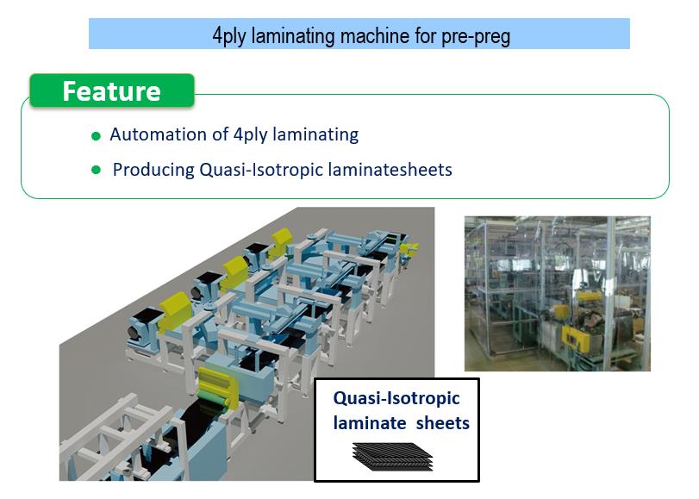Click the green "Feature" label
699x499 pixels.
(111, 91)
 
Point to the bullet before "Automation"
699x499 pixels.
(96, 136)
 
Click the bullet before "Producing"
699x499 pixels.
(96, 170)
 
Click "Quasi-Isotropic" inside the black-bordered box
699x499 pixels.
(396, 398)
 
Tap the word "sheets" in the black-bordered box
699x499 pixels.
(442, 423)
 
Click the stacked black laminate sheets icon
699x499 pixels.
(393, 457)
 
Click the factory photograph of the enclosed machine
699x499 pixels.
(558, 293)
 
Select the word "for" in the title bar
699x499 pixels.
(424, 35)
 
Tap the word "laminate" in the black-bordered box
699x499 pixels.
(370, 423)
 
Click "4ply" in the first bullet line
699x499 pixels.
(250, 135)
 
